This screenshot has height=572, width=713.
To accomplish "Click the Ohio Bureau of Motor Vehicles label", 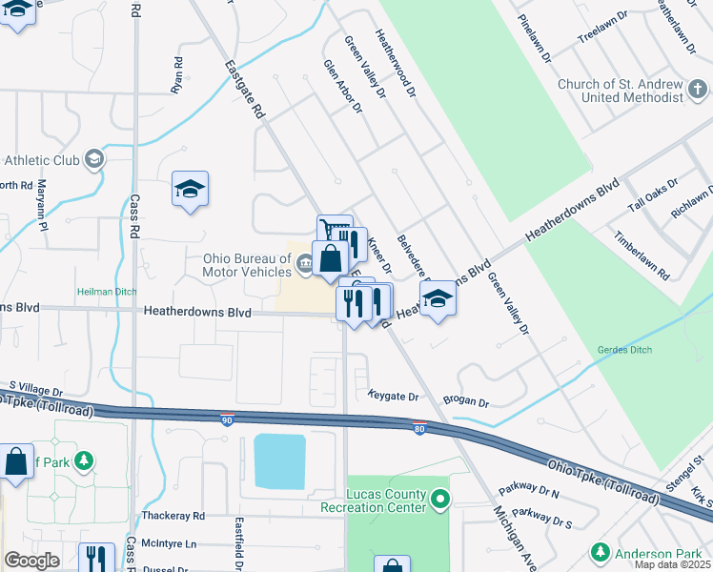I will (x=246, y=264).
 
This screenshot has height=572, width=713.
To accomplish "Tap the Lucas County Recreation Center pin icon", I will (x=439, y=498).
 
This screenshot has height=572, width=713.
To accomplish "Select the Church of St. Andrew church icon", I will (x=701, y=90).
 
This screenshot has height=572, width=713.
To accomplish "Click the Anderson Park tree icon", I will (x=600, y=551).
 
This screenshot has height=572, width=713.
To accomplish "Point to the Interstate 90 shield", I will (x=227, y=419).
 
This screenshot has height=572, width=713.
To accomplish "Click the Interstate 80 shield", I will (x=418, y=428).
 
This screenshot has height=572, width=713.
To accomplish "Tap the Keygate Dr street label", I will (x=394, y=396).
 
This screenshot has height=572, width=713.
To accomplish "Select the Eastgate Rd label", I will (x=244, y=90).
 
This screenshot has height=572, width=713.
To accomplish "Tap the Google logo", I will (x=31, y=561).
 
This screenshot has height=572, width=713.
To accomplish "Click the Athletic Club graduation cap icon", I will (x=93, y=159).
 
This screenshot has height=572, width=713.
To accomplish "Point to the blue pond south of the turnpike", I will (x=279, y=460).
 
